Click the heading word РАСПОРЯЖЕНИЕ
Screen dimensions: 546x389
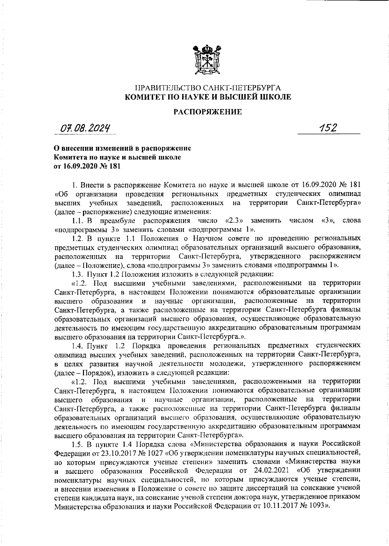click(x=208, y=112)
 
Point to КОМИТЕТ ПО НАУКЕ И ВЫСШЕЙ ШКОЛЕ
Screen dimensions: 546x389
click(x=208, y=96)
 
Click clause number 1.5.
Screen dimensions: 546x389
click(x=78, y=443)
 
